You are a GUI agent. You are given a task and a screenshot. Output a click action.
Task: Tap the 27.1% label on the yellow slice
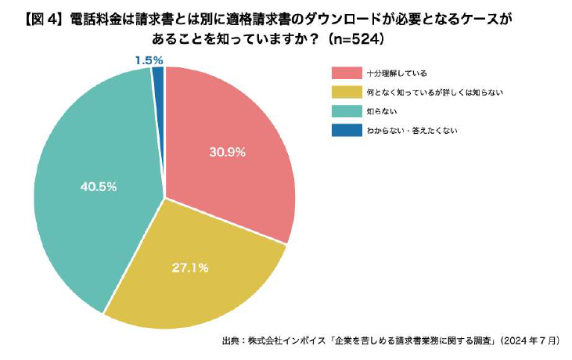[190, 268]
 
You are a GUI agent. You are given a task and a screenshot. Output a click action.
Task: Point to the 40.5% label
[99, 186]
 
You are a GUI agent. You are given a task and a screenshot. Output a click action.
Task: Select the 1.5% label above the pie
[149, 59]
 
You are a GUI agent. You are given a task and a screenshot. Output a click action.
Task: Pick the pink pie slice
[235, 180]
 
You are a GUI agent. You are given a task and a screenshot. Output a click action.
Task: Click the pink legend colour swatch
[347, 73]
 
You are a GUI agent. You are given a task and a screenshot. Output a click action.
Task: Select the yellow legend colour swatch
[347, 92]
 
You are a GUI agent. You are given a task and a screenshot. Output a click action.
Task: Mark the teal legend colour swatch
[347, 111]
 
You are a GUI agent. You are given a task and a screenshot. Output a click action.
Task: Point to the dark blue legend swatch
[347, 130]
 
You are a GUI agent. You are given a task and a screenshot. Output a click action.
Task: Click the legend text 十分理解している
[397, 73]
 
